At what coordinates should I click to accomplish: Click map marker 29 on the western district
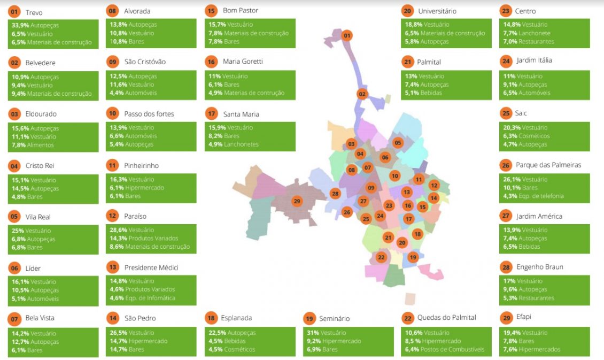click(297, 201)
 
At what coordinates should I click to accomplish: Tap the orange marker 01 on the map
click(347, 36)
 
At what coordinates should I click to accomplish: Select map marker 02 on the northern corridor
click(362, 94)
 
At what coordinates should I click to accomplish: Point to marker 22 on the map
click(381, 257)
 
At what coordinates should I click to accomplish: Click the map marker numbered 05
click(398, 143)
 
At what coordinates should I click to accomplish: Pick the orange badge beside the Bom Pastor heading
click(211, 11)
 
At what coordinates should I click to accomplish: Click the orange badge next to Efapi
click(506, 318)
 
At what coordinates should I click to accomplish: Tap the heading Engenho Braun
click(539, 267)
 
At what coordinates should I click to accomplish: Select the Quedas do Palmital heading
click(446, 318)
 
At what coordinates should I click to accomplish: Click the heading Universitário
click(437, 11)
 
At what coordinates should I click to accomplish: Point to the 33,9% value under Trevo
click(19, 25)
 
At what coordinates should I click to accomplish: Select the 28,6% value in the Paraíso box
click(118, 229)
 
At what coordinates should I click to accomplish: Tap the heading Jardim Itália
click(534, 60)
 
